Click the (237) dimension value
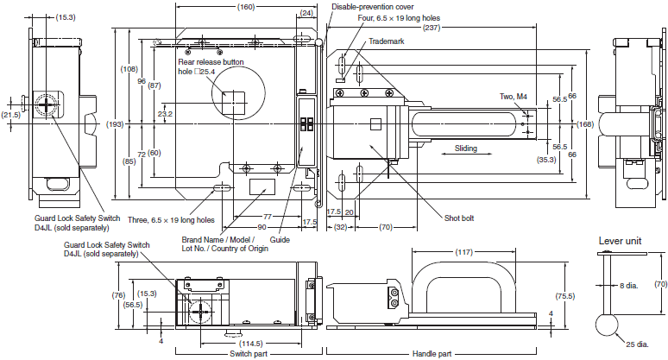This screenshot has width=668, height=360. click(432, 28)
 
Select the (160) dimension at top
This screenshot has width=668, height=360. click(246, 7)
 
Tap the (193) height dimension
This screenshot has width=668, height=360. click(115, 124)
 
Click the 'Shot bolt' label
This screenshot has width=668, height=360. click(459, 218)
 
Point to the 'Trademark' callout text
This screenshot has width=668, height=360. click(387, 41)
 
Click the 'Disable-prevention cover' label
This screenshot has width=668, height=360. click(372, 7)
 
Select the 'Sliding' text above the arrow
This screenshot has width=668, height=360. click(466, 148)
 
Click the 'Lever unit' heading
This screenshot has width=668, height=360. click(620, 241)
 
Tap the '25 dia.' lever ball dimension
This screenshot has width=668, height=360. click(637, 344)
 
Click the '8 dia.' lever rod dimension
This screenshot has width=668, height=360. click(629, 286)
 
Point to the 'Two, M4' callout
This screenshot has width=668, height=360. click(513, 97)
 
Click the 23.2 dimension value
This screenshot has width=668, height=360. click(165, 114)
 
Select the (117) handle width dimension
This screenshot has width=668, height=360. click(463, 252)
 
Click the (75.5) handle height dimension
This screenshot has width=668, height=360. click(565, 296)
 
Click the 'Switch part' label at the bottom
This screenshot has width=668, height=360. click(249, 354)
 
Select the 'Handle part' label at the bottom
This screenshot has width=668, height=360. click(432, 354)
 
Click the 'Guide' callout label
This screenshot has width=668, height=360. click(280, 240)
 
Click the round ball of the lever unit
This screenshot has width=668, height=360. click(607, 325)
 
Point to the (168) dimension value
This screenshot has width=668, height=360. click(585, 124)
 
